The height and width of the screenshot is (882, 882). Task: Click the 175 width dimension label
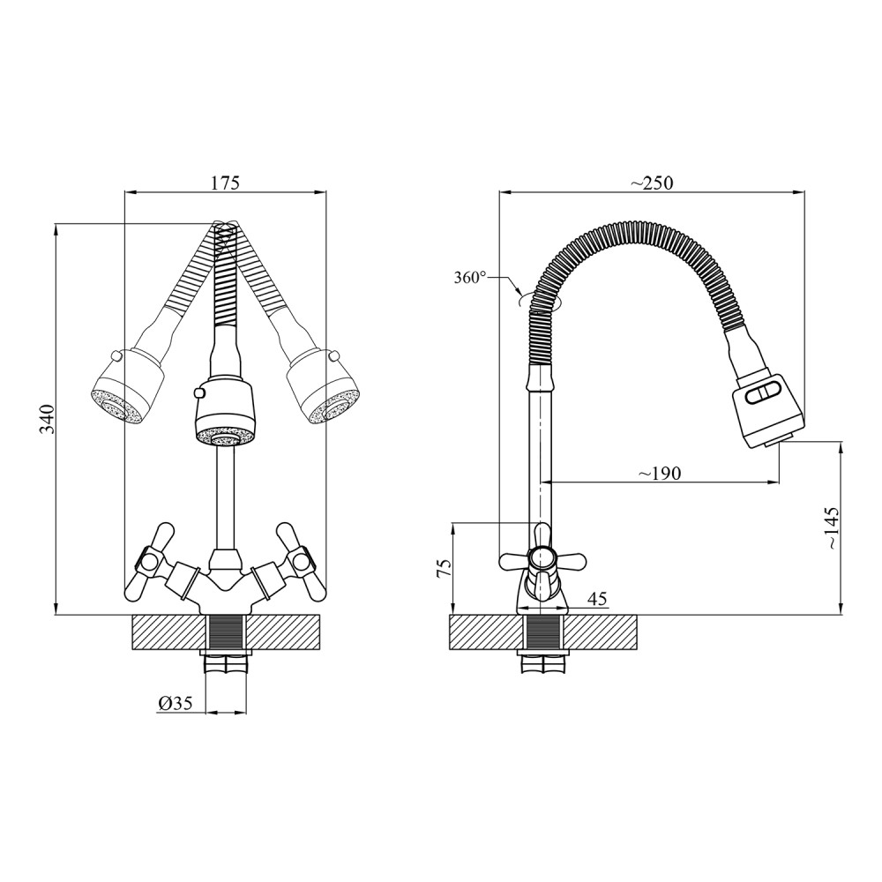coord(225,183)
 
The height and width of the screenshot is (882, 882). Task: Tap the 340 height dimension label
coord(49,418)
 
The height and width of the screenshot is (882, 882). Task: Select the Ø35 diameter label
coord(176,703)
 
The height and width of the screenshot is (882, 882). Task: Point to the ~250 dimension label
coord(652,183)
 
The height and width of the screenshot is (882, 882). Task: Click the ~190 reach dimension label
coord(659,473)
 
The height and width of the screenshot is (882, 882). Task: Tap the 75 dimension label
coord(445,568)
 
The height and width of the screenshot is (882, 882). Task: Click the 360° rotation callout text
coord(470,277)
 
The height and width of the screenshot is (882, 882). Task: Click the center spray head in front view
coord(226,414)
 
